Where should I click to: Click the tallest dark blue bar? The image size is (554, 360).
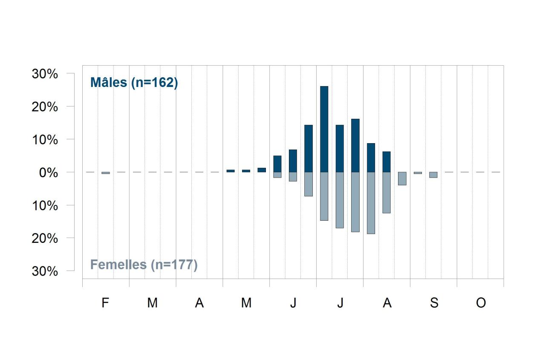coord(324,129)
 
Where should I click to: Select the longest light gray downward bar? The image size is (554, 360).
coord(371,203)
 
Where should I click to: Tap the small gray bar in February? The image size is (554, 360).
coord(106,173)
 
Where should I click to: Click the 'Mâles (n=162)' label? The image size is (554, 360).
coord(134,82)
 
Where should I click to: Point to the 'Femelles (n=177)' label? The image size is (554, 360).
coord(144,265)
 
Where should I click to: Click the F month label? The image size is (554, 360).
coord(105,302)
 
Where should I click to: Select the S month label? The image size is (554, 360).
coord(434,302)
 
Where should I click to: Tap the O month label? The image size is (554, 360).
coord(481,302)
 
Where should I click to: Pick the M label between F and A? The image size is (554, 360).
coord(153,302)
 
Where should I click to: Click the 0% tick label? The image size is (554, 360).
coord(49,173)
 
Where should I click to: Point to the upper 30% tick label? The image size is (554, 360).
coord(45,74)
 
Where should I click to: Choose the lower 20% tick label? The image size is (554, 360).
coord(45,238)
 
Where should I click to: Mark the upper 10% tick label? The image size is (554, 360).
coord(45,140)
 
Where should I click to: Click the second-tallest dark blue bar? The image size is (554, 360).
coord(355,145)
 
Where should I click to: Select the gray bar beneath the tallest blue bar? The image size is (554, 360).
coord(324,196)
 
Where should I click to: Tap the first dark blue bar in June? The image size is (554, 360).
coord(277,164)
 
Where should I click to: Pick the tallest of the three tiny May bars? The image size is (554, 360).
coord(262,170)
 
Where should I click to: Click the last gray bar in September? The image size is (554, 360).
coord(433,175)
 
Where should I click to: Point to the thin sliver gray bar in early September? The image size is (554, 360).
coord(418,173)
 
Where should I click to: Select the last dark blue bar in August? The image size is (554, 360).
coord(387,162)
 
